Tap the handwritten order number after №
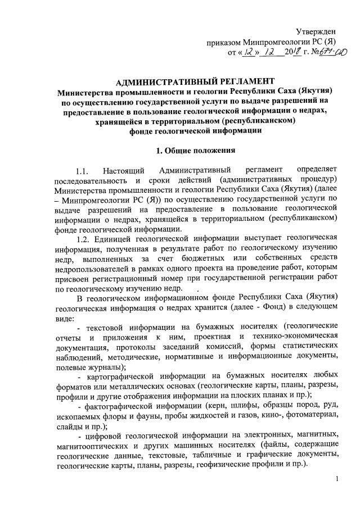tap(325, 53)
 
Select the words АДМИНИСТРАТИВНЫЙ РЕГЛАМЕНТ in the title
tap(179, 81)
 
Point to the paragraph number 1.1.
tap(83, 170)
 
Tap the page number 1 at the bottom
tap(336, 478)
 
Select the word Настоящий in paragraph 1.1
tap(124, 170)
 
